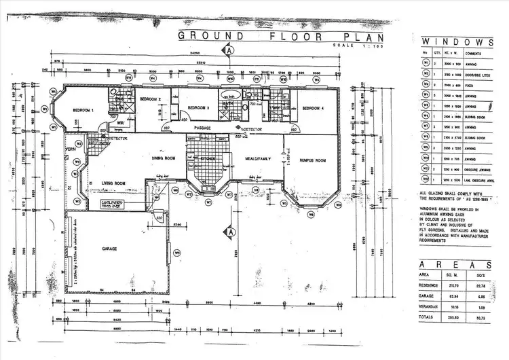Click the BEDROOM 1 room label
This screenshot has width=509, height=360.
pyautogui.click(x=83, y=110)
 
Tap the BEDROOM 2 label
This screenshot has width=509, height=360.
pyautogui.click(x=150, y=99)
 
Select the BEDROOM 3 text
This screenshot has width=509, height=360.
pyautogui.click(x=197, y=108)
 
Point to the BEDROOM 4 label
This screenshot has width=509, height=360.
pyautogui.click(x=314, y=109)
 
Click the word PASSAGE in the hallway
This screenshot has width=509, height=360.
pyautogui.click(x=205, y=127)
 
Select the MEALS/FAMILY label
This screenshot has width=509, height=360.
pyautogui.click(x=258, y=158)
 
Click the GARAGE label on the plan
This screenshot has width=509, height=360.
pyautogui.click(x=109, y=249)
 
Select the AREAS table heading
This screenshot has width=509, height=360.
pyautogui.click(x=455, y=264)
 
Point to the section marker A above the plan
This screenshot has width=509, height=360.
pyautogui.click(x=230, y=50)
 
